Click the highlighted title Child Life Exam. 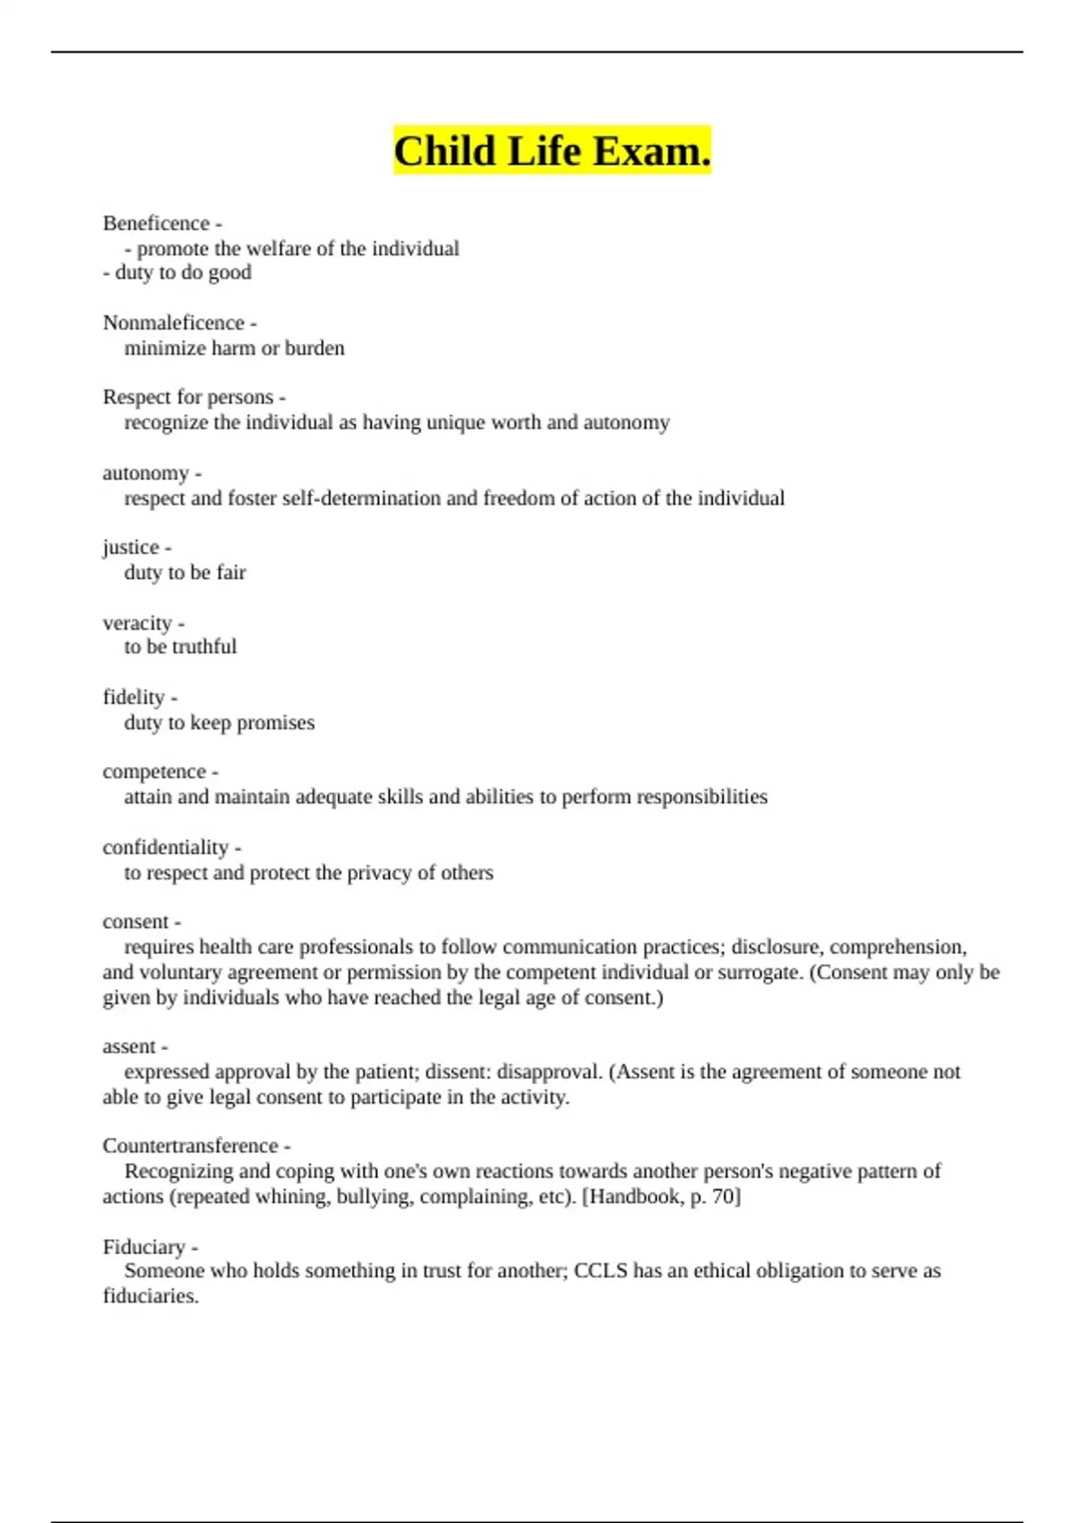point(552,151)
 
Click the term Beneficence point(156,223)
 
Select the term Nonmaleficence point(173,323)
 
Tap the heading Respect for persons point(188,397)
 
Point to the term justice point(131,547)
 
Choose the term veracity point(137,623)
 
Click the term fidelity point(133,697)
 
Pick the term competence point(154,771)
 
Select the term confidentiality point(166,848)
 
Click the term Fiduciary point(144,1247)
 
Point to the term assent point(129,1046)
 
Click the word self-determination point(361,498)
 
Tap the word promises point(275,723)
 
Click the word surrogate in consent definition point(758,973)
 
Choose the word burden point(314,348)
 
